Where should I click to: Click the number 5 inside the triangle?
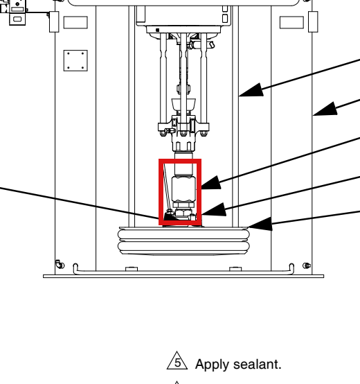[x=178, y=363]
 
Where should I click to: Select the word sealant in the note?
[x=258, y=364]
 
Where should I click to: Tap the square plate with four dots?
[x=75, y=60]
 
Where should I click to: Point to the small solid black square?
[x=158, y=30]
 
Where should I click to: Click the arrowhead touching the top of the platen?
[x=260, y=224]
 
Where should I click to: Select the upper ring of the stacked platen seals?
[x=183, y=234]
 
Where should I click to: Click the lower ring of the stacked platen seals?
[x=183, y=246]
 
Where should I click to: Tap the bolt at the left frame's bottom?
[x=60, y=265]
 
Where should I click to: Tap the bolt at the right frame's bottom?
[x=307, y=265]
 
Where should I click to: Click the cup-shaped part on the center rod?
[x=183, y=105]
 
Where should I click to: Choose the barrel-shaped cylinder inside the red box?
[x=184, y=189]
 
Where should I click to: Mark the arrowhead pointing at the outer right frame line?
[x=325, y=109]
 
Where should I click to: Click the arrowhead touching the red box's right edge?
[x=211, y=182]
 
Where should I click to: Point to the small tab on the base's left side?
[x=132, y=269]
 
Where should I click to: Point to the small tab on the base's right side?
[x=235, y=269]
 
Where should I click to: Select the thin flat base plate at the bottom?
[x=183, y=277]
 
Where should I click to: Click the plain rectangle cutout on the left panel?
[x=75, y=23]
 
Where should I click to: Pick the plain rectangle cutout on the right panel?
[x=291, y=23]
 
